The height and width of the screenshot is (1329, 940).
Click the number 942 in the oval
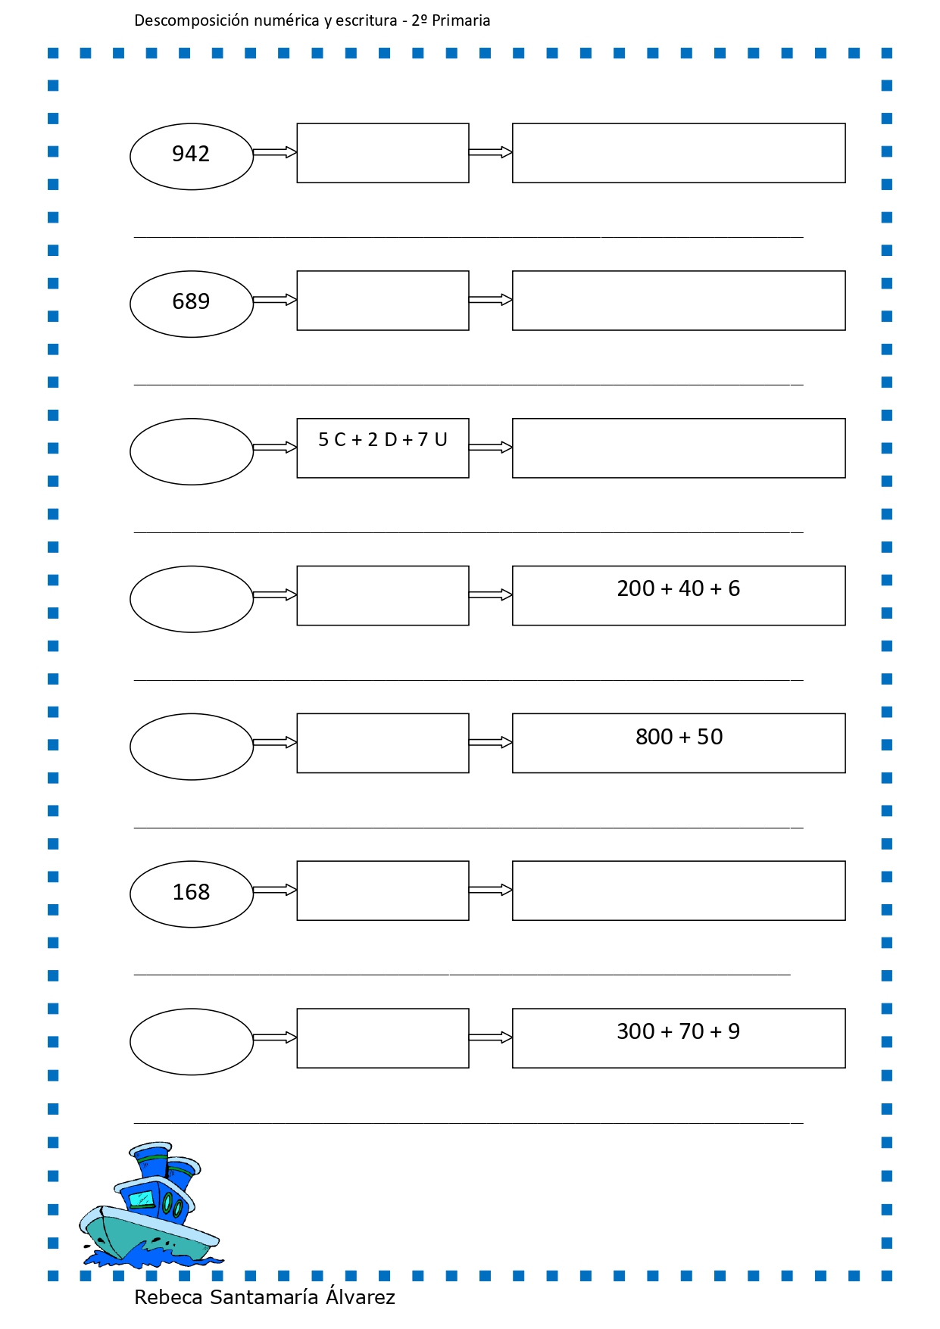(x=191, y=154)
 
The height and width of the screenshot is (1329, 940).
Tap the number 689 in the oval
(x=191, y=301)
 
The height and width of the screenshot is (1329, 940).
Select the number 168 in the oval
(x=191, y=892)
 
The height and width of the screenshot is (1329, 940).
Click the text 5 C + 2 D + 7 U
(x=383, y=440)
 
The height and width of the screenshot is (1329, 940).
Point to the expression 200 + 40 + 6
(x=678, y=588)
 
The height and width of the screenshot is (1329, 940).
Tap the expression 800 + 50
(x=679, y=737)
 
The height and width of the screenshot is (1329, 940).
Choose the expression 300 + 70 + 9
(x=678, y=1031)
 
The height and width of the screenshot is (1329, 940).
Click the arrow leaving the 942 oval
(x=274, y=153)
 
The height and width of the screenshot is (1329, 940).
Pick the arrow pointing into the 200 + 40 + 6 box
(x=491, y=595)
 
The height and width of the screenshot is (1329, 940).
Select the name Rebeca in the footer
(x=168, y=1297)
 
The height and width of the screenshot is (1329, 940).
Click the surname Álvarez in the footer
(x=361, y=1296)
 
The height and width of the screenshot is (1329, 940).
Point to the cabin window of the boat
(x=142, y=1198)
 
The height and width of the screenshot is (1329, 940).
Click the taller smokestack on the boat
(x=151, y=1161)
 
